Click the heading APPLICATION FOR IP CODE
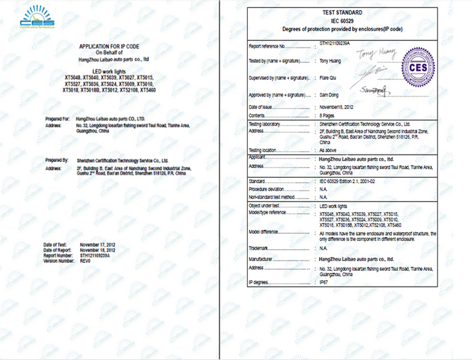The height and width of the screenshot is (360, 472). pyautogui.click(x=110, y=46)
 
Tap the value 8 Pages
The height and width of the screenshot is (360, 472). pyautogui.click(x=329, y=116)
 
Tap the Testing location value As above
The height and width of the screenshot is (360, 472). pyautogui.click(x=329, y=151)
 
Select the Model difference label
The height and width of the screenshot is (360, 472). pyautogui.click(x=266, y=233)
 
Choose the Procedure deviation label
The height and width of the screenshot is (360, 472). pyautogui.click(x=268, y=188)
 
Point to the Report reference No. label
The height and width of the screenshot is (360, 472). pyautogui.click(x=268, y=46)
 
